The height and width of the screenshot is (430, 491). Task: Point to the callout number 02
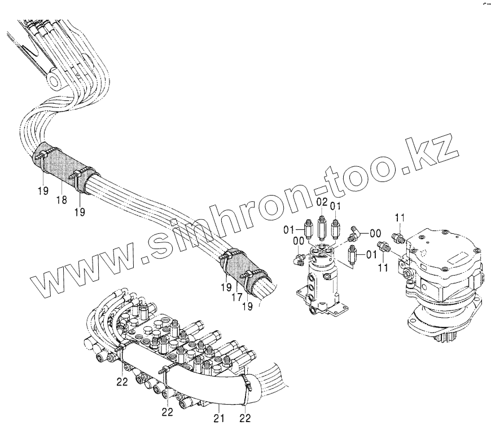point(322,202)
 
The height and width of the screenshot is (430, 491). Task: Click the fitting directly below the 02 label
point(322,229)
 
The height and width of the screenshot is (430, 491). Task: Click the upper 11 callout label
point(400,218)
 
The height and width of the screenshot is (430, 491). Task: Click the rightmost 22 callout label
point(245,418)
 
